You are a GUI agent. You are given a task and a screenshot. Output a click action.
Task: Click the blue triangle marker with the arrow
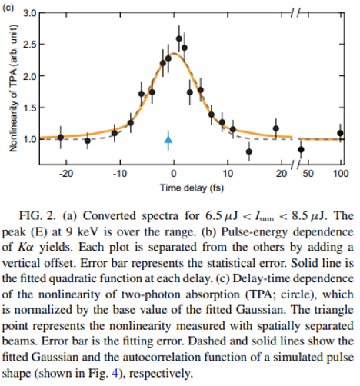pos(168,139)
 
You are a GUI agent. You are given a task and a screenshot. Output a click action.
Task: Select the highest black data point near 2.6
pos(179,38)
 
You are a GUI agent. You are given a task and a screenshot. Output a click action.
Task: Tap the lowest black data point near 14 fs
pos(249,151)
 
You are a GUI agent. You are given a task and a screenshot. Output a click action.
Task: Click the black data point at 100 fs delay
pos(340,133)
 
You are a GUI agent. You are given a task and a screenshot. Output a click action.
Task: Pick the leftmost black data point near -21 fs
pos(61,138)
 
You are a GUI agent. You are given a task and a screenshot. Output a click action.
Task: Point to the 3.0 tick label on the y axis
pos(30,13)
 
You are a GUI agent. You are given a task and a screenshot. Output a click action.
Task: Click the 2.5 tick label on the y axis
pos(30,45)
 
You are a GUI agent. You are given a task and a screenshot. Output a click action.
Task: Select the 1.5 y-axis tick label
pos(30,108)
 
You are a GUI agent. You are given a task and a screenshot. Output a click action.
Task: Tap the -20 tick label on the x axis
pos(66,174)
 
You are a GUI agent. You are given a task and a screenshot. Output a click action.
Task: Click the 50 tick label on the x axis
pos(308,174)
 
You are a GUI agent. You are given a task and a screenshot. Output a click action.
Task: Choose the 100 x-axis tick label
pos(341,174)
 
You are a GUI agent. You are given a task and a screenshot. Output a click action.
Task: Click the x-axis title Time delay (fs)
pos(192,188)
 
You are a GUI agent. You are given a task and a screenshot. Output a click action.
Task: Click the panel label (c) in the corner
pos(8,7)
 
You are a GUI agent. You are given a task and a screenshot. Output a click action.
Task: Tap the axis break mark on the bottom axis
pos(295,165)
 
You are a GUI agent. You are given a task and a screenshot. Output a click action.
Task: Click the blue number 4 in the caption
pos(115,373)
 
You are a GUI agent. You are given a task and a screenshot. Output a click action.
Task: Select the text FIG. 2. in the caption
pos(38,215)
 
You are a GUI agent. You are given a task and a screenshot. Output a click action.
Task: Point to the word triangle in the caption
pos(335,310)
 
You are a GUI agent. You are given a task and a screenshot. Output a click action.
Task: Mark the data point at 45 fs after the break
pos(302,149)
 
